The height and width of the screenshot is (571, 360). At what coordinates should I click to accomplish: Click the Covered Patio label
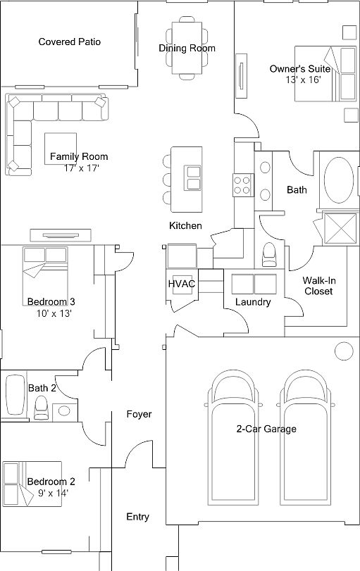(69, 42)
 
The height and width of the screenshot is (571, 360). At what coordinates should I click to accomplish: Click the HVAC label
(181, 284)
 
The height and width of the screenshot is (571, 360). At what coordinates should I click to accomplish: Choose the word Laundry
(253, 302)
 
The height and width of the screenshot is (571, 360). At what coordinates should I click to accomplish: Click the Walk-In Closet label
(318, 285)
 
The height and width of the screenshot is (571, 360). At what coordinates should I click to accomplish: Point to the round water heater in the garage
(344, 351)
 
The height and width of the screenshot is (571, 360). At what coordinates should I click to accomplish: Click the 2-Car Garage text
(266, 429)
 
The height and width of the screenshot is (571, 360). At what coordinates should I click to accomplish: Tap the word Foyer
(139, 415)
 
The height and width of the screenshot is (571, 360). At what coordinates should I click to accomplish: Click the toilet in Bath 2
(41, 407)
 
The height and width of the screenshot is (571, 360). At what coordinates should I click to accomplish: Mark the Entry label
(137, 517)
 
